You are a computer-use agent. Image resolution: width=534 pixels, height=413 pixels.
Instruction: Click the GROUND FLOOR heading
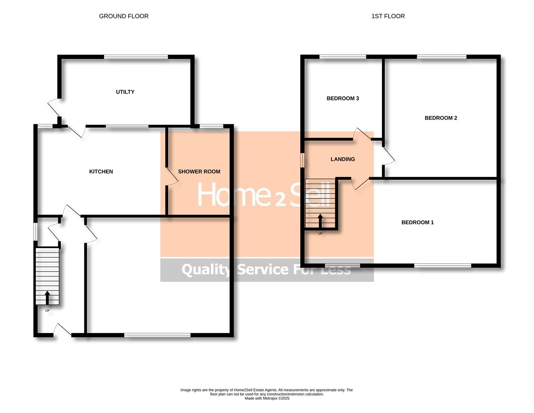[124, 16]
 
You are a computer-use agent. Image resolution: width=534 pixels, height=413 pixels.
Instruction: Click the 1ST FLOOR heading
[388, 16]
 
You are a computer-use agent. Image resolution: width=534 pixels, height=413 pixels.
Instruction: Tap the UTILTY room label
[125, 92]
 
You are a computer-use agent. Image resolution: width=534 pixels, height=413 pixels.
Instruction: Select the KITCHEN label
[101, 172]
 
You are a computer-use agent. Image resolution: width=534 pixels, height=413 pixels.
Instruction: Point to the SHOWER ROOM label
[199, 172]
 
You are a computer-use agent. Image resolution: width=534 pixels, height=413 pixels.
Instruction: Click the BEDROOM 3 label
[343, 98]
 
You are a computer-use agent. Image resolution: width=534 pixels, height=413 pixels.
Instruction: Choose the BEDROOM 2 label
[441, 118]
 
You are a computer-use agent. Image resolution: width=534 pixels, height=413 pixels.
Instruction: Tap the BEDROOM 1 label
[417, 222]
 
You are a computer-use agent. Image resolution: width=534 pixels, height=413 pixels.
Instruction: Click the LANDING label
[343, 159]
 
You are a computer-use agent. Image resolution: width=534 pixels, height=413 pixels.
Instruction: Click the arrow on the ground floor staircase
[47, 298]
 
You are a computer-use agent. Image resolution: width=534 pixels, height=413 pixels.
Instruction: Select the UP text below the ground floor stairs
[47, 311]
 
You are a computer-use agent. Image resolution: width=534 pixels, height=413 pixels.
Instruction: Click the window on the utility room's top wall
[136, 57]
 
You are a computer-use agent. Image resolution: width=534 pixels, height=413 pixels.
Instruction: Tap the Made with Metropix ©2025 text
[267, 398]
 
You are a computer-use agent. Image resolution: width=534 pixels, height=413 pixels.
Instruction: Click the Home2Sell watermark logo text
[263, 194]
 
